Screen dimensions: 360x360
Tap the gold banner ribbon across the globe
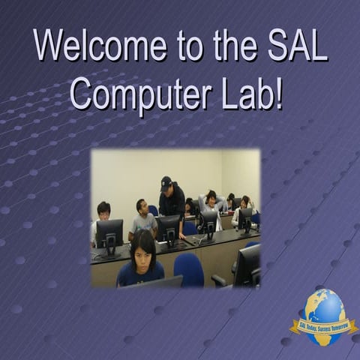(x=324, y=325)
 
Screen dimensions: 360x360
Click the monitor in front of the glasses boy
(x=109, y=235)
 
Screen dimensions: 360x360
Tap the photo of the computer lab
(x=175, y=217)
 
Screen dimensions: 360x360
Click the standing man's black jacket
(x=173, y=202)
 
